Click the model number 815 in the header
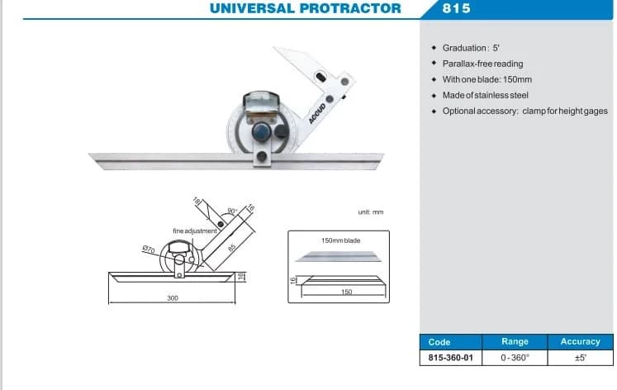click(x=456, y=8)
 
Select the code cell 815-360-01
click(x=450, y=358)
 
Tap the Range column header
click(x=515, y=341)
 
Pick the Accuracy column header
click(x=581, y=341)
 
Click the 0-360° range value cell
click(x=515, y=358)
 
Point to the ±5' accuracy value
click(x=581, y=358)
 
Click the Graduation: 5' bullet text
click(x=471, y=48)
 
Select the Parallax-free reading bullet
click(x=483, y=64)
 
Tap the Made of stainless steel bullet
click(x=485, y=95)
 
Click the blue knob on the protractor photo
click(x=261, y=131)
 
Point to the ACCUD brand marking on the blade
click(x=317, y=113)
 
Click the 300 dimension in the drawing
click(x=173, y=298)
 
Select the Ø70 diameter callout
click(x=149, y=250)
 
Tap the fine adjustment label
click(x=195, y=231)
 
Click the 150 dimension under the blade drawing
click(x=346, y=292)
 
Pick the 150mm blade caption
click(x=341, y=240)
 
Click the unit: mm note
click(x=371, y=212)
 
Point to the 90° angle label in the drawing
click(x=233, y=212)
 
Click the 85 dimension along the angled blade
click(x=232, y=248)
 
